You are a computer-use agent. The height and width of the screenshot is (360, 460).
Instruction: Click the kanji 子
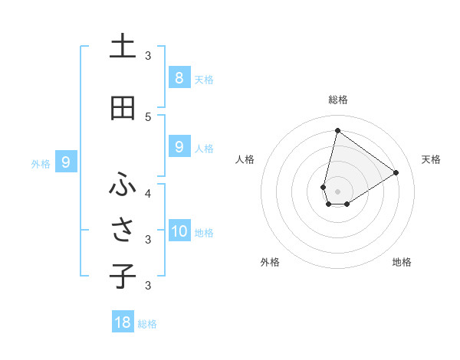point(123,277)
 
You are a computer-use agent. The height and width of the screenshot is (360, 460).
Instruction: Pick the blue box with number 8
point(179,77)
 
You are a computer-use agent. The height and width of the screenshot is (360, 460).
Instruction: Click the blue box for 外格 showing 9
point(66,162)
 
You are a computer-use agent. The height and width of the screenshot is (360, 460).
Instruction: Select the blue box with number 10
point(179,231)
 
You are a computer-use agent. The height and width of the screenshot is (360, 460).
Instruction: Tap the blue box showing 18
point(123,322)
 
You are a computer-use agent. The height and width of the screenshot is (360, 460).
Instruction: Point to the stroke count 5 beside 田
point(148,116)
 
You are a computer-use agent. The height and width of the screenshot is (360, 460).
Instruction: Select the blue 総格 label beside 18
point(147,324)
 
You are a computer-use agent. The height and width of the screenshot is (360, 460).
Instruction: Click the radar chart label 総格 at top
point(337,100)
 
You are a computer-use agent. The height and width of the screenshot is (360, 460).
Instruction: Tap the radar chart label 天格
point(431,159)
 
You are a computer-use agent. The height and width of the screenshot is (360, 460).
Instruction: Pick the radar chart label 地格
point(402,262)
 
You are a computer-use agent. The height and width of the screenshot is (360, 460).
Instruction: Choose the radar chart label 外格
point(270,262)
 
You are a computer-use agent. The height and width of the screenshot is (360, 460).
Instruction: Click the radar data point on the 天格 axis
point(396,172)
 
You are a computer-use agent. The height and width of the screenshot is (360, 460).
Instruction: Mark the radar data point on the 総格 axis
point(337,130)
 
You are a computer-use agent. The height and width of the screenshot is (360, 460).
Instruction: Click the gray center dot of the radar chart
point(337,191)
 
